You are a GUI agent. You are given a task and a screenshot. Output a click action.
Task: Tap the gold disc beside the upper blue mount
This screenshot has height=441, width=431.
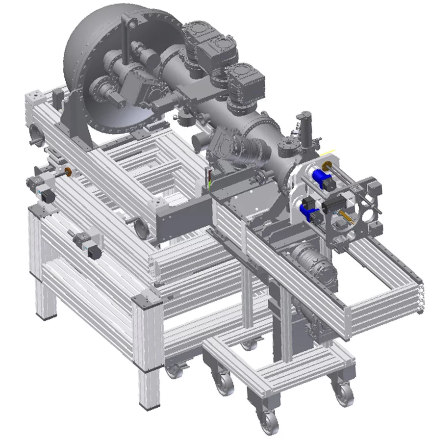click(326, 165)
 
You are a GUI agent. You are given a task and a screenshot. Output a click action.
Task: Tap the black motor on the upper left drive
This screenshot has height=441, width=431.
click(48, 196)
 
